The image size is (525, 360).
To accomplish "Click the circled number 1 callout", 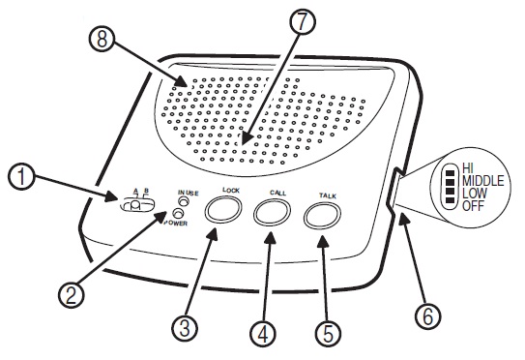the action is [21, 177].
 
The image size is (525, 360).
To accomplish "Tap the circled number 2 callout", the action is [72, 294].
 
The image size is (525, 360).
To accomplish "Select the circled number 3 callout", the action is [185, 327].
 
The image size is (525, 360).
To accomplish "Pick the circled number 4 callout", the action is [263, 333].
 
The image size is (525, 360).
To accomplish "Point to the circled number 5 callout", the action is [329, 333].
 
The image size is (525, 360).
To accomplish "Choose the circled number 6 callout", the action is [427, 315].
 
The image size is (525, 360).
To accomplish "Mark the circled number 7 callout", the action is [303, 22].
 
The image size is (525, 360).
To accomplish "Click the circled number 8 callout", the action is [102, 39].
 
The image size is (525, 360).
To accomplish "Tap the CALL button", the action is [272, 212].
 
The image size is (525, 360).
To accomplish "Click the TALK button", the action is [322, 216].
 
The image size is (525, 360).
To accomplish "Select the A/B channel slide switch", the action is [137, 205].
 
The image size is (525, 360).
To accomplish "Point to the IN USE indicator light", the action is [184, 201].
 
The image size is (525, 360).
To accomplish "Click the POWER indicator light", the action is [178, 213].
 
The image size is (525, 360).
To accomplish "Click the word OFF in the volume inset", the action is [473, 205].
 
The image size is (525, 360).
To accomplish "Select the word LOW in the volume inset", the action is [475, 194].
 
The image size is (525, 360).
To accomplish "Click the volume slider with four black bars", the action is [451, 186].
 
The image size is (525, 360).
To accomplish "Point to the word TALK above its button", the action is [327, 195].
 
